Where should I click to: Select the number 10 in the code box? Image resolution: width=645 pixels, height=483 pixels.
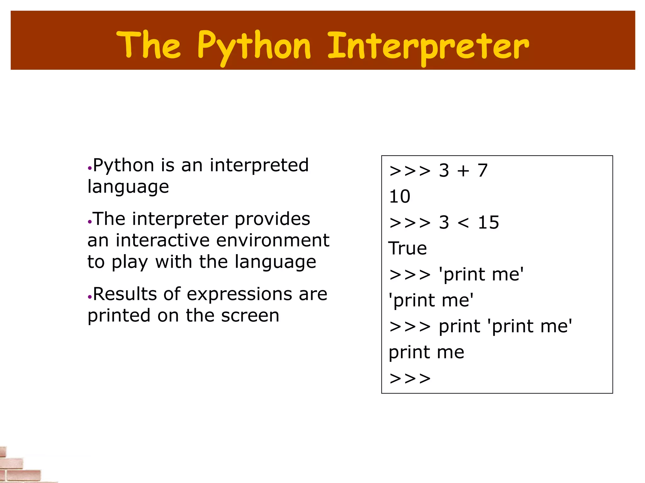(x=400, y=197)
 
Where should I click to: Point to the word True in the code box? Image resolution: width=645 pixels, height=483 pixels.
(x=408, y=248)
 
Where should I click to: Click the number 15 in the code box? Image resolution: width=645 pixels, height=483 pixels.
(x=488, y=223)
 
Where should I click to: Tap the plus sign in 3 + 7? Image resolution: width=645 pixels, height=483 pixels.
(x=463, y=171)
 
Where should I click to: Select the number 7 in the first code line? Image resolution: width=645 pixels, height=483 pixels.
(x=482, y=171)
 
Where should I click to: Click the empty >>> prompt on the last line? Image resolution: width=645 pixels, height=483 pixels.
(x=410, y=378)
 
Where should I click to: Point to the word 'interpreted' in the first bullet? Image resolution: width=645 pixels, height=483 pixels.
(x=259, y=165)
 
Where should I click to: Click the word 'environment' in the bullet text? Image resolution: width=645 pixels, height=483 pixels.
(x=273, y=241)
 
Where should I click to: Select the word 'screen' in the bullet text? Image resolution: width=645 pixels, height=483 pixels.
(x=250, y=316)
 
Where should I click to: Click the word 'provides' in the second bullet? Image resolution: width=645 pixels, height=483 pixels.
(x=272, y=219)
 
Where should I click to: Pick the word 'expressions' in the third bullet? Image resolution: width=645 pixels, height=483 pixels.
(x=239, y=294)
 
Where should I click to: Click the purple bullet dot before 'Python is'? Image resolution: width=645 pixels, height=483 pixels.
(x=90, y=168)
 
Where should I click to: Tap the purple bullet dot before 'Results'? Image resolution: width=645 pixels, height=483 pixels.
(x=90, y=297)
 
